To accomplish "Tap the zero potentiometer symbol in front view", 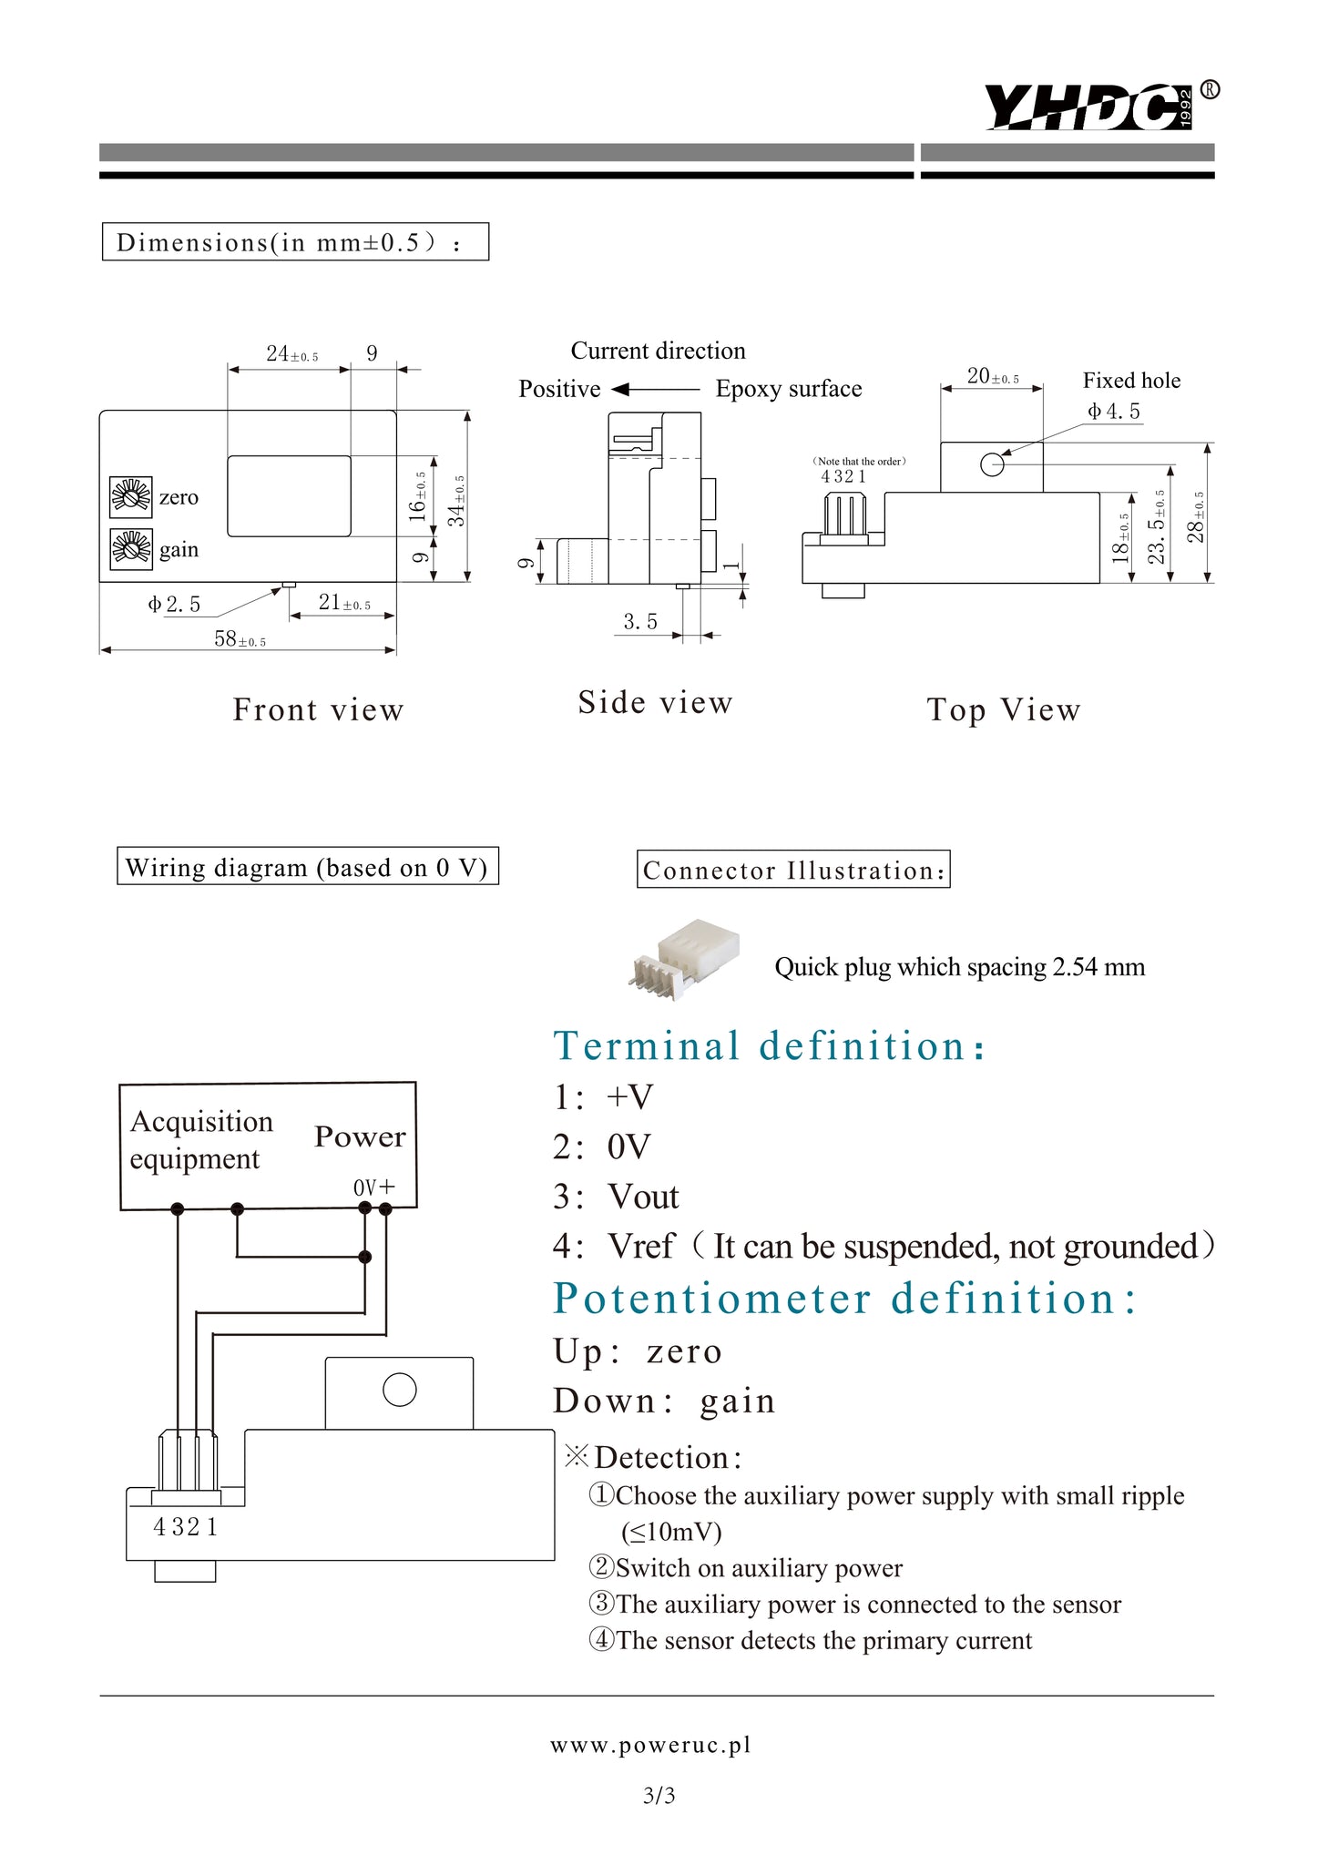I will [131, 496].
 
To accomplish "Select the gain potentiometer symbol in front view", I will [131, 549].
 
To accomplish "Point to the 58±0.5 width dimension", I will [240, 639].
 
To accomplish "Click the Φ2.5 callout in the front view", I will [174, 605].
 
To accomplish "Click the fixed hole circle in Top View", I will [992, 465].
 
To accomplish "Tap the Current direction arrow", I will [656, 390].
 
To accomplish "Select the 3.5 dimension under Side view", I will [640, 622].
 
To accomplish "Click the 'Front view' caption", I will [318, 710].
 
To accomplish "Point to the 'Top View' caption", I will [1004, 710].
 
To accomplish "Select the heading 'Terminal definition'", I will [769, 1046].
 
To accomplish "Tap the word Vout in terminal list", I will [643, 1197].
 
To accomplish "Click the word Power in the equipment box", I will [360, 1136].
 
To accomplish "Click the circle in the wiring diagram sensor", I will [400, 1390].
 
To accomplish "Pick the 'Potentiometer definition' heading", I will [844, 1299].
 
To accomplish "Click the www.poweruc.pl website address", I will [650, 1745].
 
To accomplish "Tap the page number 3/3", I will [659, 1796].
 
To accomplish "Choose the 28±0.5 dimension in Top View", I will [1197, 517].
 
